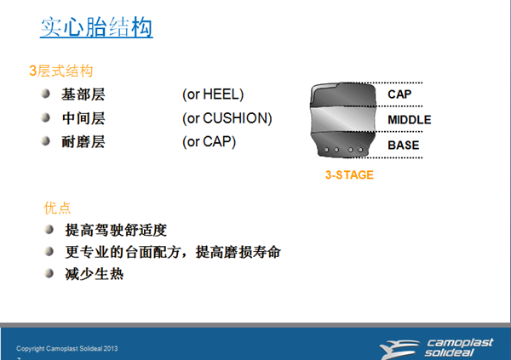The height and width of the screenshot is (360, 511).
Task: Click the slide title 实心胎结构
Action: point(96,27)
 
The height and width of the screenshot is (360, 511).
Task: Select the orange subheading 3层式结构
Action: point(61,71)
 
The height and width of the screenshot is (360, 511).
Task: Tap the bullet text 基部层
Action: point(83,94)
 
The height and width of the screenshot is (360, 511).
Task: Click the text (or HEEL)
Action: point(213,94)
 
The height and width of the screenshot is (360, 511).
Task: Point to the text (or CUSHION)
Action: point(227,118)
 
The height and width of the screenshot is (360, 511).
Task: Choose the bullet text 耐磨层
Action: point(83,142)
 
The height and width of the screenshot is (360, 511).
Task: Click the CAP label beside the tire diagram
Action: point(399,94)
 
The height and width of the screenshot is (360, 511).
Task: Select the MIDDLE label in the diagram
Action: point(410,120)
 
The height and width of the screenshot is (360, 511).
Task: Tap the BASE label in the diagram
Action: point(404,146)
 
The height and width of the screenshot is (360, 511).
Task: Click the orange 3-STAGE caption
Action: point(349,175)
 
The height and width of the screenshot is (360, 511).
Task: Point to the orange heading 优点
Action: point(57,208)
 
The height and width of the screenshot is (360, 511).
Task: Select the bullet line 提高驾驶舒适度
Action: point(116,230)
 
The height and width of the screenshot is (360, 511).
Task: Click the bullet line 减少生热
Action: point(95,274)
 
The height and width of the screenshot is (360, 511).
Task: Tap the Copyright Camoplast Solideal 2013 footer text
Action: point(67,349)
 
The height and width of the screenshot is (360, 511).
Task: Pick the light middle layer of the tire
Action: point(343,119)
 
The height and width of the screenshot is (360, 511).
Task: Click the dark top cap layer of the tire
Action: point(343,94)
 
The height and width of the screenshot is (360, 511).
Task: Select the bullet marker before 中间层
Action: point(46,117)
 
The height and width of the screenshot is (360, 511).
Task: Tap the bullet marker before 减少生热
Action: point(49,273)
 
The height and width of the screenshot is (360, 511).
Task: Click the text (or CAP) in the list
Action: point(209,142)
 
